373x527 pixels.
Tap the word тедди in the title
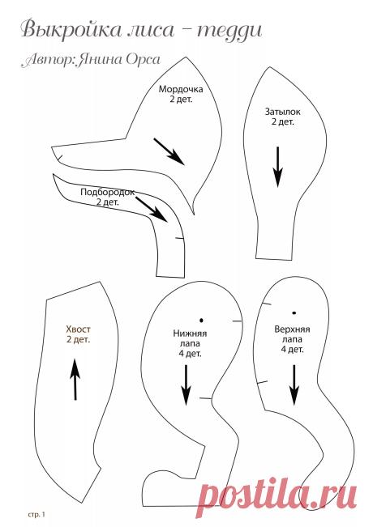click(x=229, y=31)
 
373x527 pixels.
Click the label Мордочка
click(x=181, y=89)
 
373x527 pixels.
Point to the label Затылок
click(x=282, y=112)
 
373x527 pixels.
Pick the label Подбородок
click(x=107, y=192)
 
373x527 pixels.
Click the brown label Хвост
click(x=78, y=329)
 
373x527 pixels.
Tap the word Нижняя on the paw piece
click(x=190, y=334)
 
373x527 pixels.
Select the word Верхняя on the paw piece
click(x=292, y=329)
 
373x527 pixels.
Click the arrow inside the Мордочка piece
click(x=169, y=151)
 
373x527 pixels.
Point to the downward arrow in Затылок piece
click(x=278, y=167)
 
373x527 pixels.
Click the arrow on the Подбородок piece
click(x=152, y=210)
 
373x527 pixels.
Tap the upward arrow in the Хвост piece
click(x=75, y=379)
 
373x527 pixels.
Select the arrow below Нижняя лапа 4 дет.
click(x=186, y=385)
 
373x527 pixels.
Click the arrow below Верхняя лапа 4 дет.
click(x=294, y=385)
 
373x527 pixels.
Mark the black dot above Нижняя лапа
click(x=201, y=321)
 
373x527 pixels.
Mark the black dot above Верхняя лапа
click(x=294, y=313)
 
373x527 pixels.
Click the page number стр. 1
click(x=36, y=514)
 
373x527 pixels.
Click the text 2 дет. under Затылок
click(x=283, y=121)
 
